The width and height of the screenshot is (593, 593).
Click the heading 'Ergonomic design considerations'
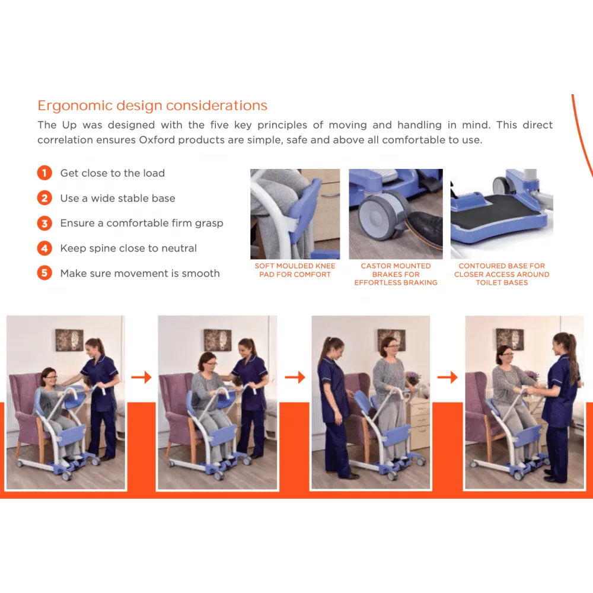(152, 106)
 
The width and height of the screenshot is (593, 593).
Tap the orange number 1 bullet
(44, 173)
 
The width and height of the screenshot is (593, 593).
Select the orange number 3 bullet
(44, 223)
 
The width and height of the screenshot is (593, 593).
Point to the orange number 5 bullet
(44, 273)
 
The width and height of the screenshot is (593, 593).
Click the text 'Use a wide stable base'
(117, 198)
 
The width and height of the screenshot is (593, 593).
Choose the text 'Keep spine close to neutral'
(129, 248)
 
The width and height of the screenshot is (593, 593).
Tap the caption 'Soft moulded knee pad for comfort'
(295, 270)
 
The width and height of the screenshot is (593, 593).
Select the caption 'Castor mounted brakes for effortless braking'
(396, 274)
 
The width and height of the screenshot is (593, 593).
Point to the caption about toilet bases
(502, 274)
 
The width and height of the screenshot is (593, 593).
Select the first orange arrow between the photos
(142, 377)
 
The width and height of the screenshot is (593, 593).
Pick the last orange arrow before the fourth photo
(447, 377)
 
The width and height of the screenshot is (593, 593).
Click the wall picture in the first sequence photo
(69, 340)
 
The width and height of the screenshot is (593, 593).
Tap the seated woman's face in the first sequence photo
(50, 377)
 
